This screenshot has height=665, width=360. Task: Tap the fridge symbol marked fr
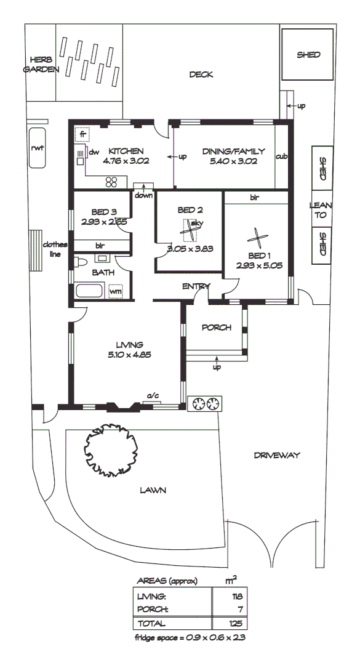coord(81,134)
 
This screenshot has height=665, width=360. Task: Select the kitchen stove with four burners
coord(112,182)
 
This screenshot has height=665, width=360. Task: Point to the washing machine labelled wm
coord(116,291)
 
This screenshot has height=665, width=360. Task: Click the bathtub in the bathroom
coord(90,291)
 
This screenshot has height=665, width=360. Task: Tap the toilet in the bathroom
coord(80,262)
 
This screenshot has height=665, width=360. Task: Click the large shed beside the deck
coord(308,55)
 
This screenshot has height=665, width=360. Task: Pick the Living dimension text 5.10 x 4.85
coord(129,355)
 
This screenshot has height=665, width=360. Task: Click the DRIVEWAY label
coord(276,456)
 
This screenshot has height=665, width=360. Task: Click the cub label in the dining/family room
coord(282,156)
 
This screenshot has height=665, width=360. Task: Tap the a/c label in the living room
coord(150,395)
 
